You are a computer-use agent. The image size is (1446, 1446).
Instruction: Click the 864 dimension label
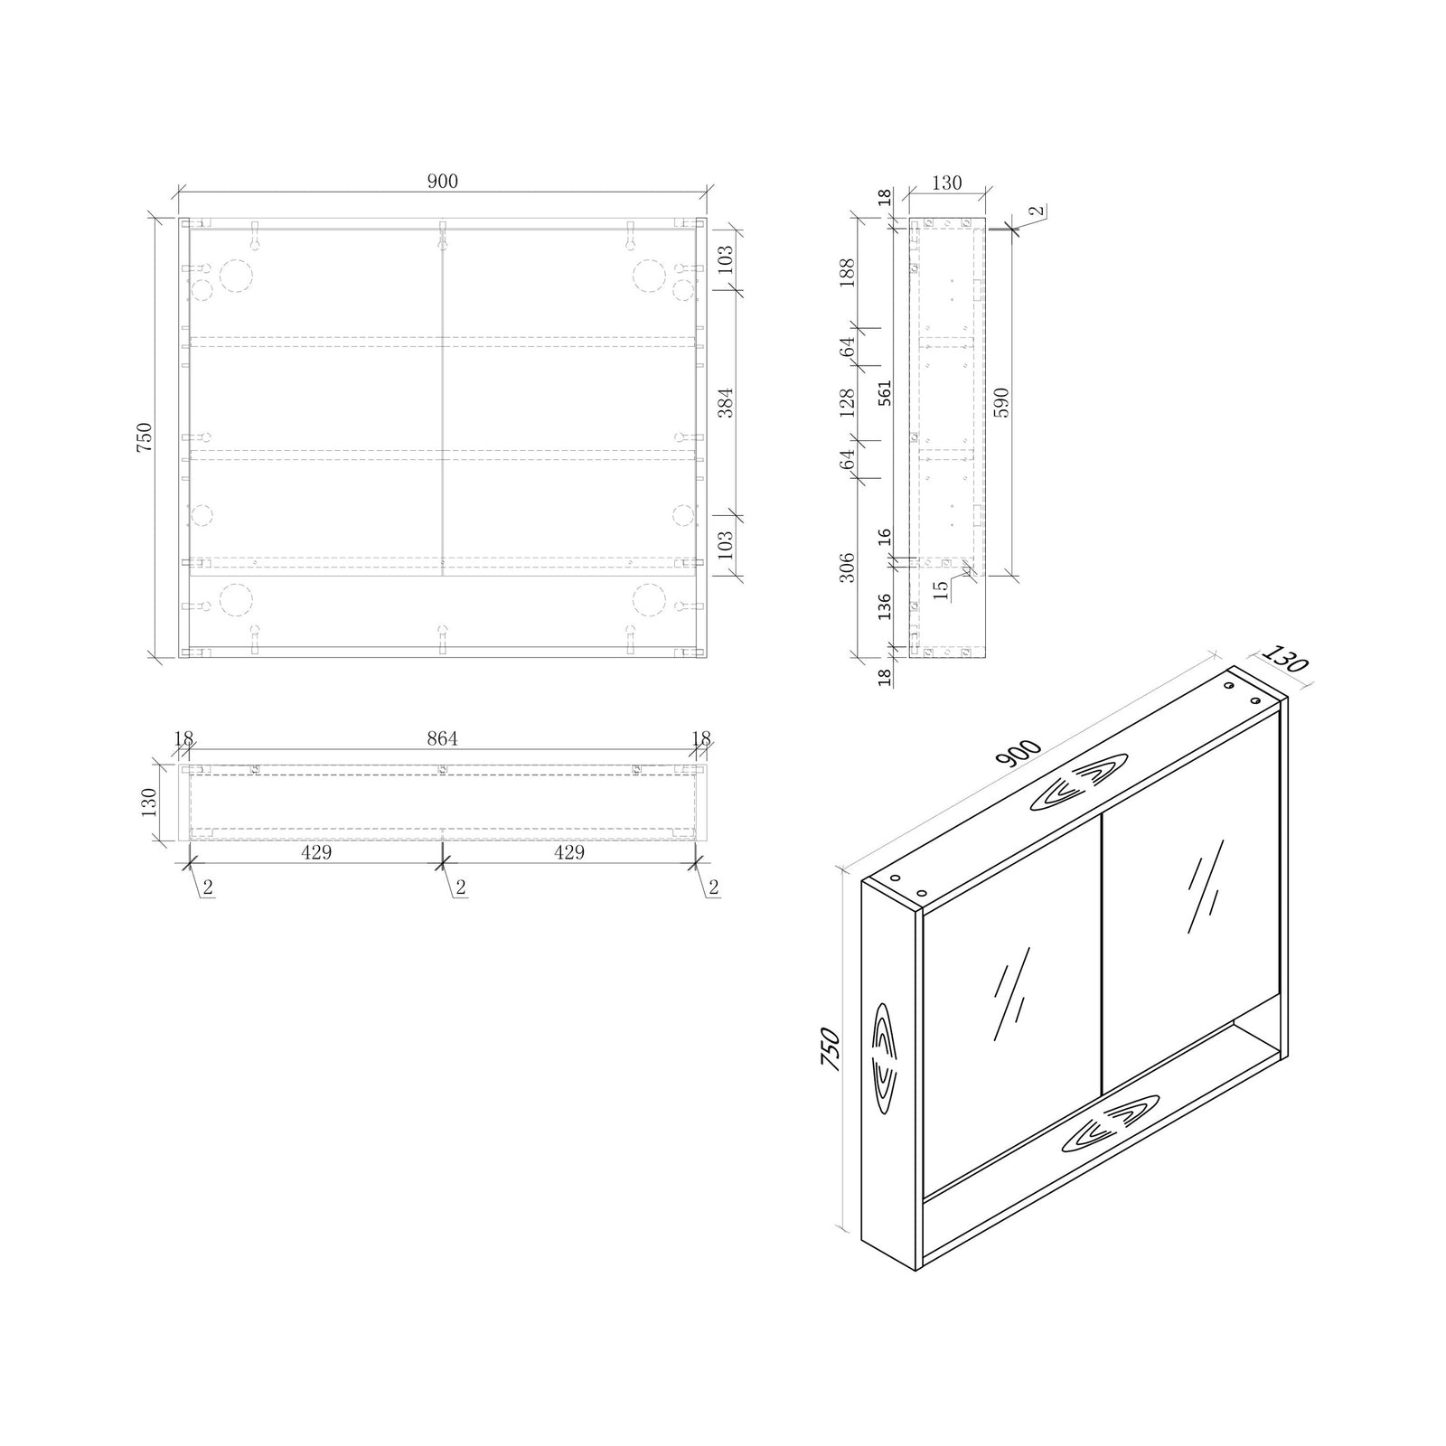coord(442,739)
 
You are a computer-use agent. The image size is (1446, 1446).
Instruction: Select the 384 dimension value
coord(725,403)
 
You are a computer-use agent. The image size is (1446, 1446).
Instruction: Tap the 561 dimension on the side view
coord(885,392)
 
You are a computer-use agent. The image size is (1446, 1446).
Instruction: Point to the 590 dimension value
coord(1001,401)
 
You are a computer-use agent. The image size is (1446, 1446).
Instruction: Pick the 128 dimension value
coord(847,402)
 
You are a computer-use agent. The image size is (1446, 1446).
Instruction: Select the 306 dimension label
coord(847,567)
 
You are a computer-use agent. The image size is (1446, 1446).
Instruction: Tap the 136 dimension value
coord(885,606)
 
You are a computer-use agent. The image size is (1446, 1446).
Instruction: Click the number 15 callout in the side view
coord(941,588)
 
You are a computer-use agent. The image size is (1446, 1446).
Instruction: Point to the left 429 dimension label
coord(315,852)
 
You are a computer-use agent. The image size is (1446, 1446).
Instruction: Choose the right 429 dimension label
coord(568,852)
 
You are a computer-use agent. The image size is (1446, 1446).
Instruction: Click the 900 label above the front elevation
coord(442,182)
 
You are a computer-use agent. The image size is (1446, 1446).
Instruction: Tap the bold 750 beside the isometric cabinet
coord(831,1048)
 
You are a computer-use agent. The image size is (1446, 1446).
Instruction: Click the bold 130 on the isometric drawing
coord(1284,658)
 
